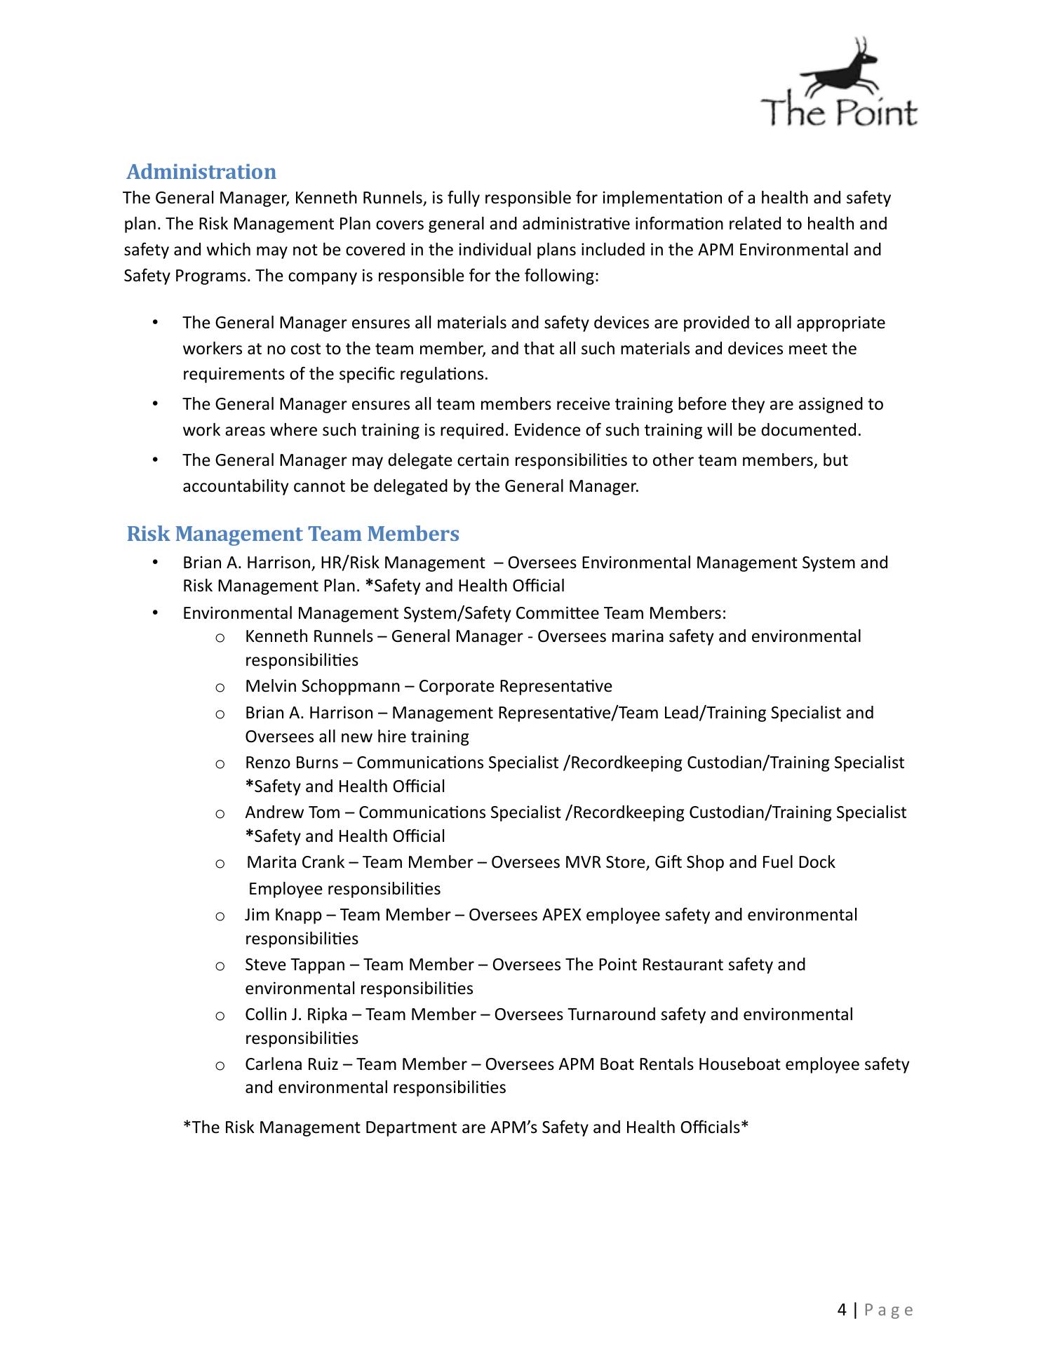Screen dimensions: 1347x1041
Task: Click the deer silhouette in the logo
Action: pos(845,71)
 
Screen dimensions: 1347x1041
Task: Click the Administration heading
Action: pos(201,172)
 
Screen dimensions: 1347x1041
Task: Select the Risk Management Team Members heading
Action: pos(293,534)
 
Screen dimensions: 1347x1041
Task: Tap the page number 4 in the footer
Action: pos(842,1310)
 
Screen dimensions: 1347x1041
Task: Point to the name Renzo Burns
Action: pos(292,763)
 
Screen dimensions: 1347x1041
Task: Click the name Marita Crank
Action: pos(295,862)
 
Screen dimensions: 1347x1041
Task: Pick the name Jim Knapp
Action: pos(283,915)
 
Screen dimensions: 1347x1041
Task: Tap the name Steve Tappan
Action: pos(295,965)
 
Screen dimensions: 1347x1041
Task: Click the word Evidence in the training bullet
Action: pos(544,430)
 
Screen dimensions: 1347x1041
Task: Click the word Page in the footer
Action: pos(889,1310)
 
